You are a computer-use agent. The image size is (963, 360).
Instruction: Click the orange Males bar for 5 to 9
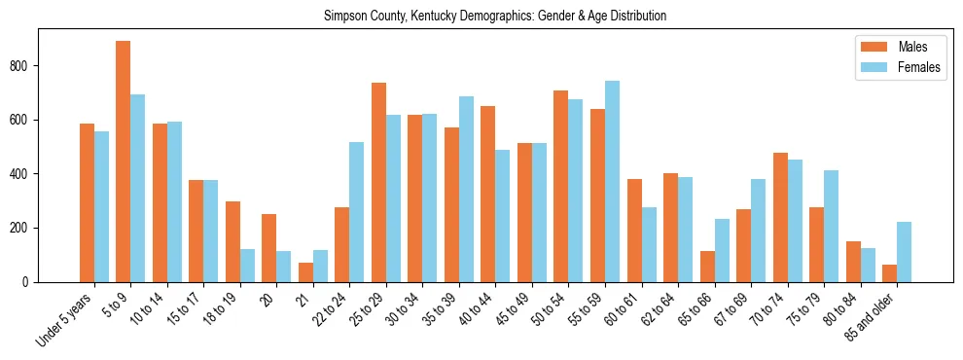124,162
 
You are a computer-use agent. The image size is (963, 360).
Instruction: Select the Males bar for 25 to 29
378,183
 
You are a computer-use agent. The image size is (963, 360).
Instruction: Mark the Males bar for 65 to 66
707,267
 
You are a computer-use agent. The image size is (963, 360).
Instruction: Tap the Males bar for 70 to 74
780,218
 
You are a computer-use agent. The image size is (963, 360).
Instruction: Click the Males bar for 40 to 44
488,195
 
